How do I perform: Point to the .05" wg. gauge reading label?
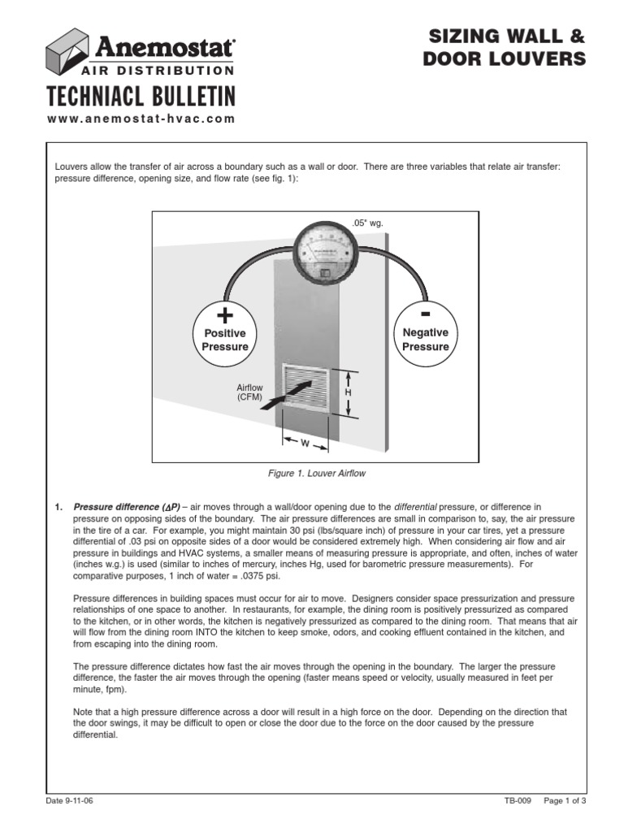click(367, 222)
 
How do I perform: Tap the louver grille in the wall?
click(305, 391)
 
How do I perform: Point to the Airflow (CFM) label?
click(247, 392)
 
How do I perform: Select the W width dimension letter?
click(305, 444)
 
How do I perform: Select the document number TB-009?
click(518, 800)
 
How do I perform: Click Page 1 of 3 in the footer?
click(565, 800)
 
